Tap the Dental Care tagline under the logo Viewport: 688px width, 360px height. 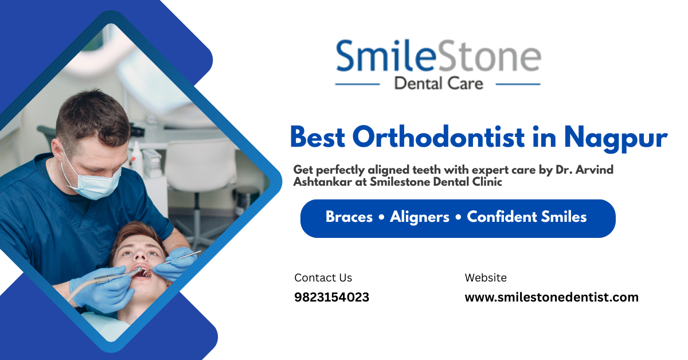coord(439,84)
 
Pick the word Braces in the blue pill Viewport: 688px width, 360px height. coord(349,217)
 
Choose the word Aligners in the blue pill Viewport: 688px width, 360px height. coord(420,217)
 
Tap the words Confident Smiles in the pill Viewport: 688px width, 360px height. coord(527,217)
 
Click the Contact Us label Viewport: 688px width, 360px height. coord(323,278)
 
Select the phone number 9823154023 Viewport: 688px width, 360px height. coord(331,298)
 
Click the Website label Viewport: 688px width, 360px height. coord(486,278)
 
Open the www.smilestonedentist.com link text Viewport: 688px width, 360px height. coord(551,298)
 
